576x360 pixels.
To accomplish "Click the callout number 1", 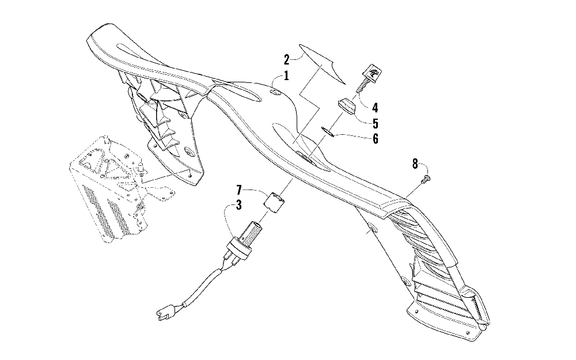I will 286,75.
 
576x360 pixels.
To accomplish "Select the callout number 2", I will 286,59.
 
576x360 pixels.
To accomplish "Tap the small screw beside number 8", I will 427,180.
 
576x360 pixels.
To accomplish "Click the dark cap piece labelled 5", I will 346,107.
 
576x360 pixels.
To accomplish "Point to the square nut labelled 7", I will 275,202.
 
